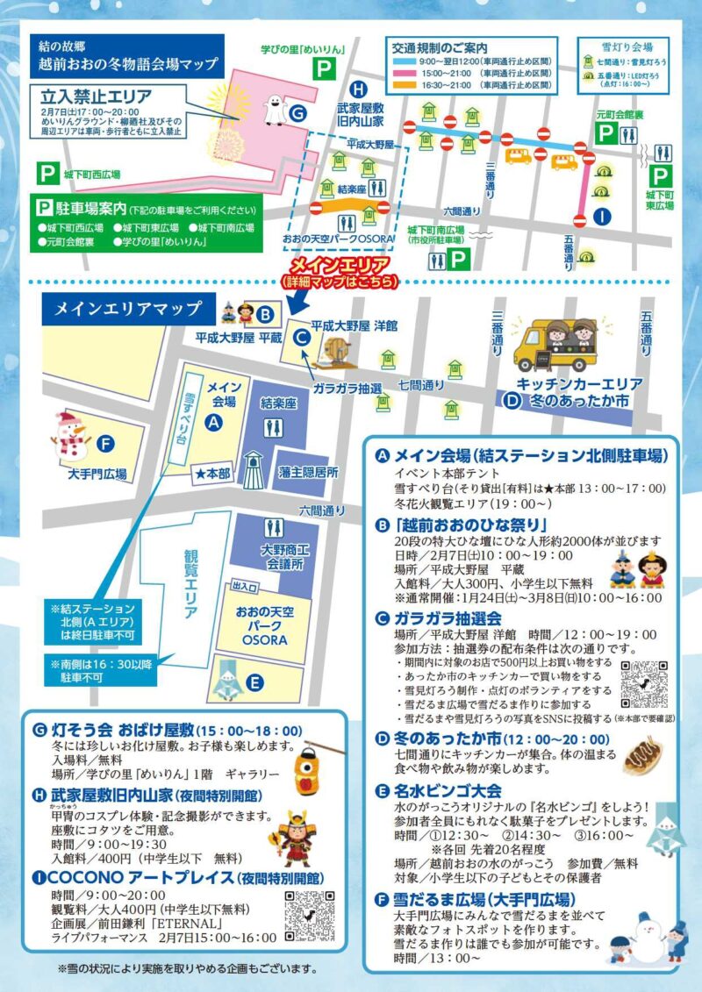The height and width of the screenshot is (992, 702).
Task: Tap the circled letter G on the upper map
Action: coord(297,113)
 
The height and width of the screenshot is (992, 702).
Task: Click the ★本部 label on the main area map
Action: coord(213,473)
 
